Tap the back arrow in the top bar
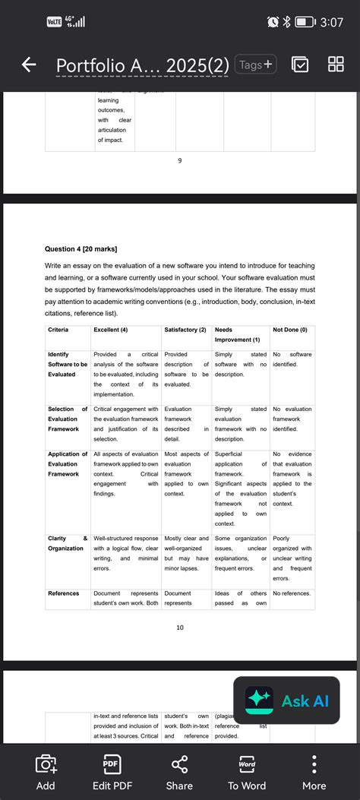coord(29,65)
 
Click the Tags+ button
coord(256,65)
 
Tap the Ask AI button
coord(286,700)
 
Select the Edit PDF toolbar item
coord(112,772)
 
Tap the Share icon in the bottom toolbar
coord(179,772)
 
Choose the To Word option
coord(247,772)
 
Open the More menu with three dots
coord(314,772)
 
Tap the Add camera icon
coord(46,772)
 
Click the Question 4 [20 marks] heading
coord(81,248)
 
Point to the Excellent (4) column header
coord(111,329)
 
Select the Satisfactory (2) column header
coord(185,329)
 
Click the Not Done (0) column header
coord(290,329)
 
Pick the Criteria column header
coord(58,329)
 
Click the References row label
coord(64,593)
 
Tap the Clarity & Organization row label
coord(68,543)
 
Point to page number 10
coord(180,628)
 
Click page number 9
coord(180,160)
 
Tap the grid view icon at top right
coord(336,65)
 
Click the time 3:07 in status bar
coord(331,23)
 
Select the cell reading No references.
coord(292,593)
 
